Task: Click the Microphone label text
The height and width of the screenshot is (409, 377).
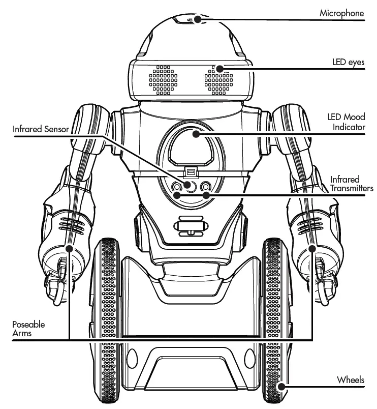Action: point(341,13)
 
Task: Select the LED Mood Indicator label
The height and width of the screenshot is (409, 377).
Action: point(347,122)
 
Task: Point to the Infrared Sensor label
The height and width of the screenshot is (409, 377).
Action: point(41,129)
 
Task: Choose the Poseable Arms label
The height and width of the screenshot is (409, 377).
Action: point(28,329)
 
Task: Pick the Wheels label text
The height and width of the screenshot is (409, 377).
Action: point(351,380)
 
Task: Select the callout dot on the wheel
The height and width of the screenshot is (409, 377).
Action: point(279,387)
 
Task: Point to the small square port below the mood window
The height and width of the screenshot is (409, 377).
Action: point(191,171)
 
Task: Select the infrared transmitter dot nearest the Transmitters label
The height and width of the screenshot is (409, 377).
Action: point(206,194)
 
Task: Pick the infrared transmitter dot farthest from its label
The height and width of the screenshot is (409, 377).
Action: point(176,194)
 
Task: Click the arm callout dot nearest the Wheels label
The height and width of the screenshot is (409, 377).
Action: point(312,249)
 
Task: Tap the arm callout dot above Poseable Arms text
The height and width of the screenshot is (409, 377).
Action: point(69,249)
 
